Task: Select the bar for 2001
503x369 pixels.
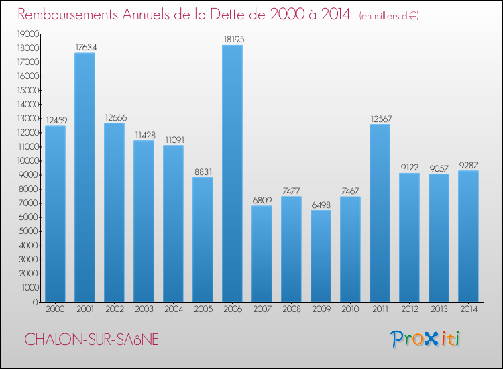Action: pos(85,177)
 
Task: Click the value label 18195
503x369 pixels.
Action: pos(232,40)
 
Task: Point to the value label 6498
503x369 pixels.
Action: pos(321,205)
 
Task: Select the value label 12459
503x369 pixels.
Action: pos(55,120)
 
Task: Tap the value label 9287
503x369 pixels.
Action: pos(468,165)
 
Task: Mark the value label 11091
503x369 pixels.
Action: pos(173,140)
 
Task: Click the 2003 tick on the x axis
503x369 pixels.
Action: pos(144,309)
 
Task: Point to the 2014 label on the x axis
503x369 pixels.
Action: pos(468,309)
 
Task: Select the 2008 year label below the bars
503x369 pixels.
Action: pos(291,309)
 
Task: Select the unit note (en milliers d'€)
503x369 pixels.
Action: pos(380,15)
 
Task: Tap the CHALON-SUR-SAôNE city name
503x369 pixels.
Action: pos(92,339)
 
